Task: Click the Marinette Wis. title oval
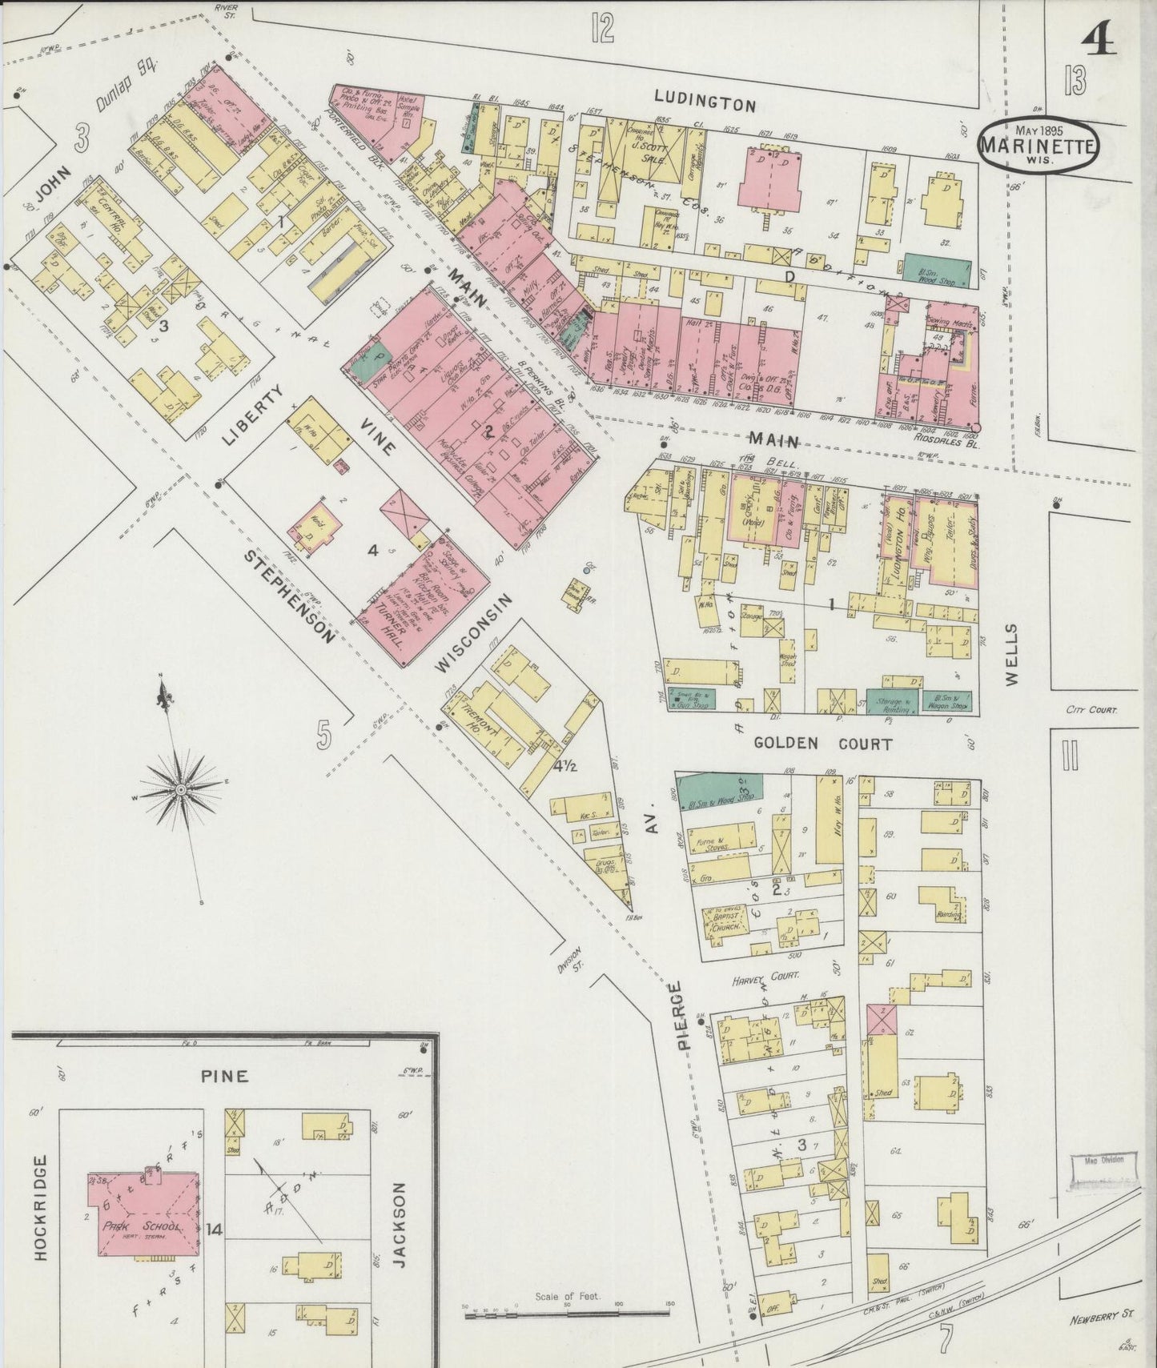tap(1038, 146)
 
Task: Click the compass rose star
tap(181, 789)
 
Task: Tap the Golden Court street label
tap(823, 744)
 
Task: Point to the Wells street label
tap(1011, 654)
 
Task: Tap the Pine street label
tap(225, 1076)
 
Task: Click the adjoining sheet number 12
tap(602, 28)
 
